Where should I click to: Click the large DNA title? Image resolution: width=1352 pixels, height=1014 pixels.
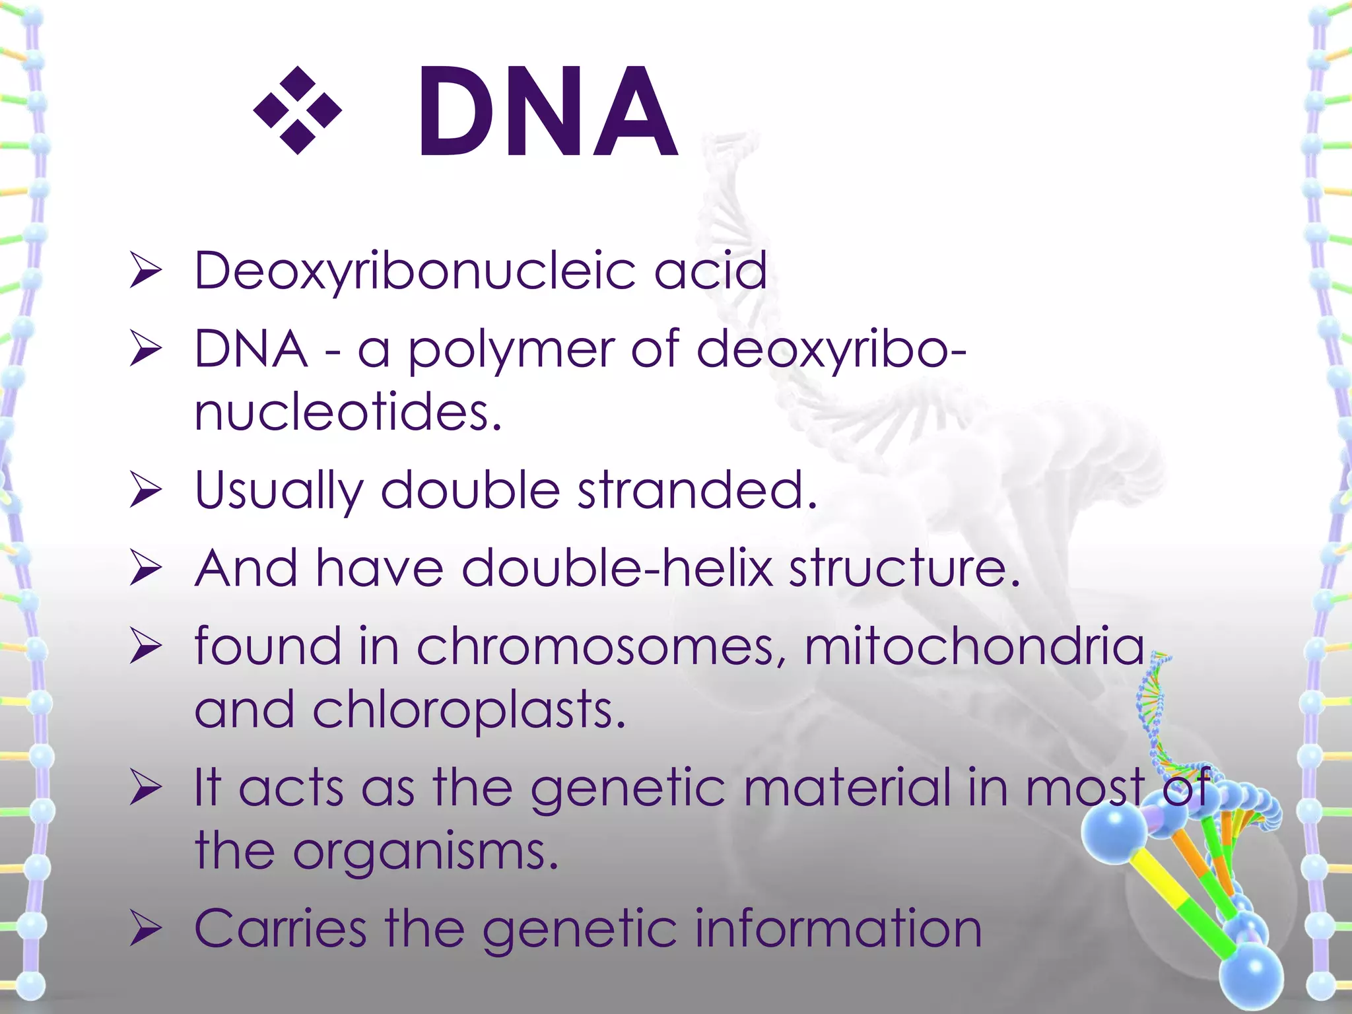tap(547, 112)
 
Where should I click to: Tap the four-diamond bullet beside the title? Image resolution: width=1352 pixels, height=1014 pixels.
tap(298, 110)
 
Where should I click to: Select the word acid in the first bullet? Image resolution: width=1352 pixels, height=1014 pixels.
tap(710, 271)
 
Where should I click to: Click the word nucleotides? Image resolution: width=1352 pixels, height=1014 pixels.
tap(348, 413)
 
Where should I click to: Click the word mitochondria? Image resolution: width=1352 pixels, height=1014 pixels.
tap(974, 646)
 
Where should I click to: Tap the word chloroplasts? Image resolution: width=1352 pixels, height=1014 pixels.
tap(469, 710)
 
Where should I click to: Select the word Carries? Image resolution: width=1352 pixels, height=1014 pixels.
tap(280, 929)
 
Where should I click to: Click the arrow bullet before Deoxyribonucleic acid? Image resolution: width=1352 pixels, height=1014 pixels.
tap(146, 271)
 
